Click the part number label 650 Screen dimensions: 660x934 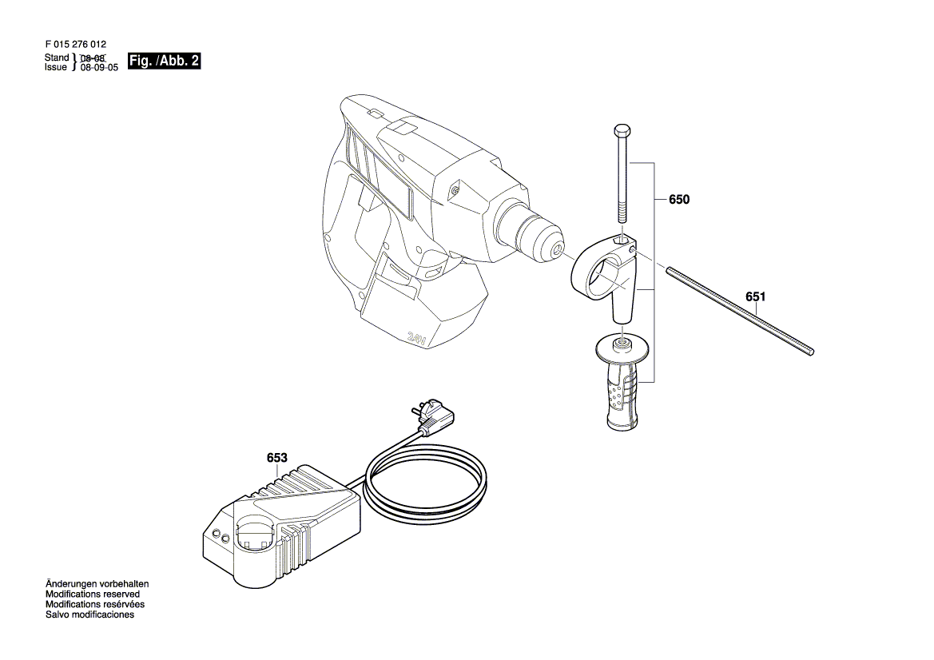coord(678,200)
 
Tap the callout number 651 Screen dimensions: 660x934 coord(756,296)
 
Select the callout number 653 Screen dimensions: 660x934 coord(276,458)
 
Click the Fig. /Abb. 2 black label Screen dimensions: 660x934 coord(164,62)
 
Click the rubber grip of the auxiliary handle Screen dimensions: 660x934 coord(623,397)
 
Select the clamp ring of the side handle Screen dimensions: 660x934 coord(599,276)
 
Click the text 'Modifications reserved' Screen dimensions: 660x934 coord(93,594)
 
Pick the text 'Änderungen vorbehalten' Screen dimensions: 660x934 coord(97,584)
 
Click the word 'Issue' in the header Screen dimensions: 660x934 coord(56,68)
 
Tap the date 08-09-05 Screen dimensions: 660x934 coord(100,69)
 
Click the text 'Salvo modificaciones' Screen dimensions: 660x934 coord(89,615)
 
